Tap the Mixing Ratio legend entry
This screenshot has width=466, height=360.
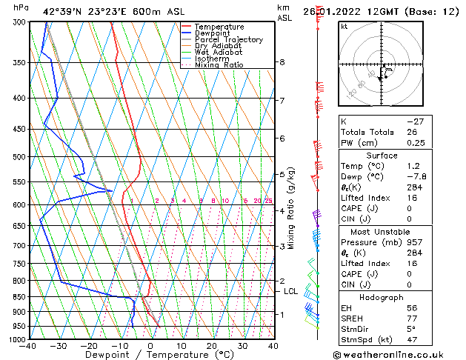[219, 65]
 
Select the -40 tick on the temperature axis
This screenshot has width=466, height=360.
[29, 345]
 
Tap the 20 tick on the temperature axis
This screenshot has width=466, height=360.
[212, 345]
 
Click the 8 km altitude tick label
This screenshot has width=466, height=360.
[282, 62]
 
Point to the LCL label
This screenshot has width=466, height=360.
[291, 292]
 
